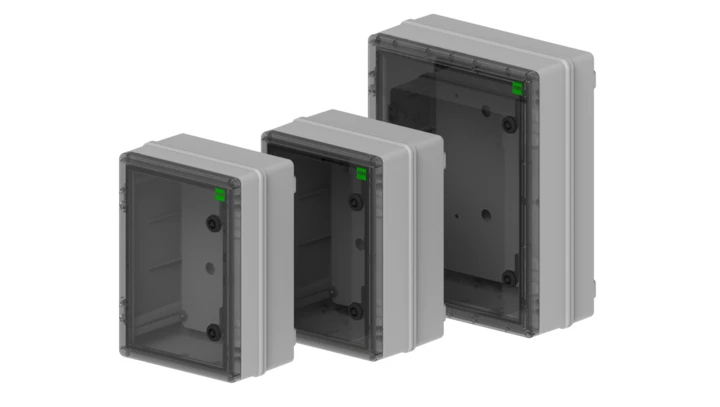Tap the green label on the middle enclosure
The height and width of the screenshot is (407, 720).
(362, 172)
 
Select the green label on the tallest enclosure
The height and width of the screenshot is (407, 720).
(517, 88)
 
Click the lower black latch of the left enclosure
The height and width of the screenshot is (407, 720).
(212, 331)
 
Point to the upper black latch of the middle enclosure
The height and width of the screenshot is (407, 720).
(357, 202)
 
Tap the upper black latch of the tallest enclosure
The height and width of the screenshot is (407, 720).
(511, 125)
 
